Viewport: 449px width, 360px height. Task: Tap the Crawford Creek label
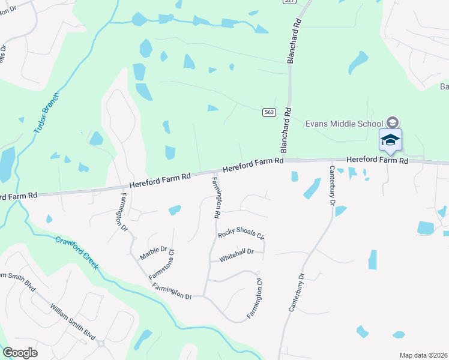pos(77,252)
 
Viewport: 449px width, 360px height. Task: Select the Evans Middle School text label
pos(344,123)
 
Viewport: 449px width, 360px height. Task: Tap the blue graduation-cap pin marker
pos(390,141)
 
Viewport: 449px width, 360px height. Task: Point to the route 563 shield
pos(269,112)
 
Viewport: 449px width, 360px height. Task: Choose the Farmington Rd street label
pos(216,197)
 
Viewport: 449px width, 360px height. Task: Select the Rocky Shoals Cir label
pos(241,235)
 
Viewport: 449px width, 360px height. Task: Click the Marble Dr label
pos(153,253)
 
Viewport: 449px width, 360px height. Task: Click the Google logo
pos(20,353)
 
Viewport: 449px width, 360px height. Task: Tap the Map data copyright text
pos(423,355)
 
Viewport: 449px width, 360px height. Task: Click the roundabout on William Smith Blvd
pos(100,344)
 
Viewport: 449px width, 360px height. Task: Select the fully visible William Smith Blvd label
pos(73,323)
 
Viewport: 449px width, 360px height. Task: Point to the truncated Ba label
pos(444,87)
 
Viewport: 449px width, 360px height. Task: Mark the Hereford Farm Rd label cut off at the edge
pos(18,196)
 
